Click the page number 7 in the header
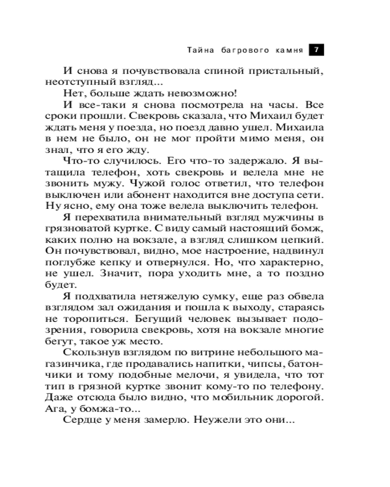(316, 50)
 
